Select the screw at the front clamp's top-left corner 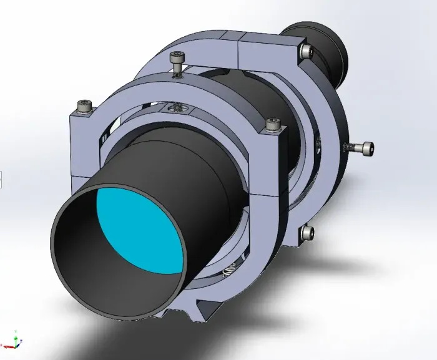pos(82,107)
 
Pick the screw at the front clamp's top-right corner pos(272,124)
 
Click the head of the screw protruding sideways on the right pos(367,148)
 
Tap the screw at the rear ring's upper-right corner pos(306,49)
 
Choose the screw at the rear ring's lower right pos(307,233)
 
